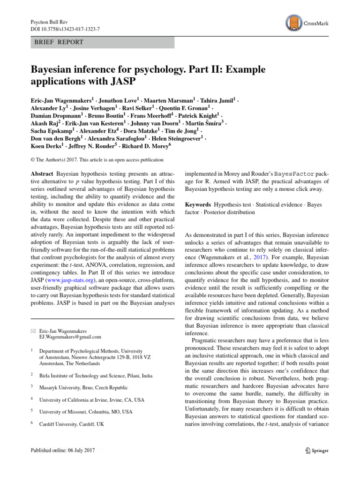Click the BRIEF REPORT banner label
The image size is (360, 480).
click(60, 42)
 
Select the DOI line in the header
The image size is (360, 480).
click(65, 29)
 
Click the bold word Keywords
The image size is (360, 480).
click(198, 205)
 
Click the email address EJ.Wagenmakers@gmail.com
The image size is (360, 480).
click(70, 337)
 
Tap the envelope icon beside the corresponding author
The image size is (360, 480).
click(33, 330)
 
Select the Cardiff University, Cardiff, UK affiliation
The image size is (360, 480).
click(72, 424)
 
